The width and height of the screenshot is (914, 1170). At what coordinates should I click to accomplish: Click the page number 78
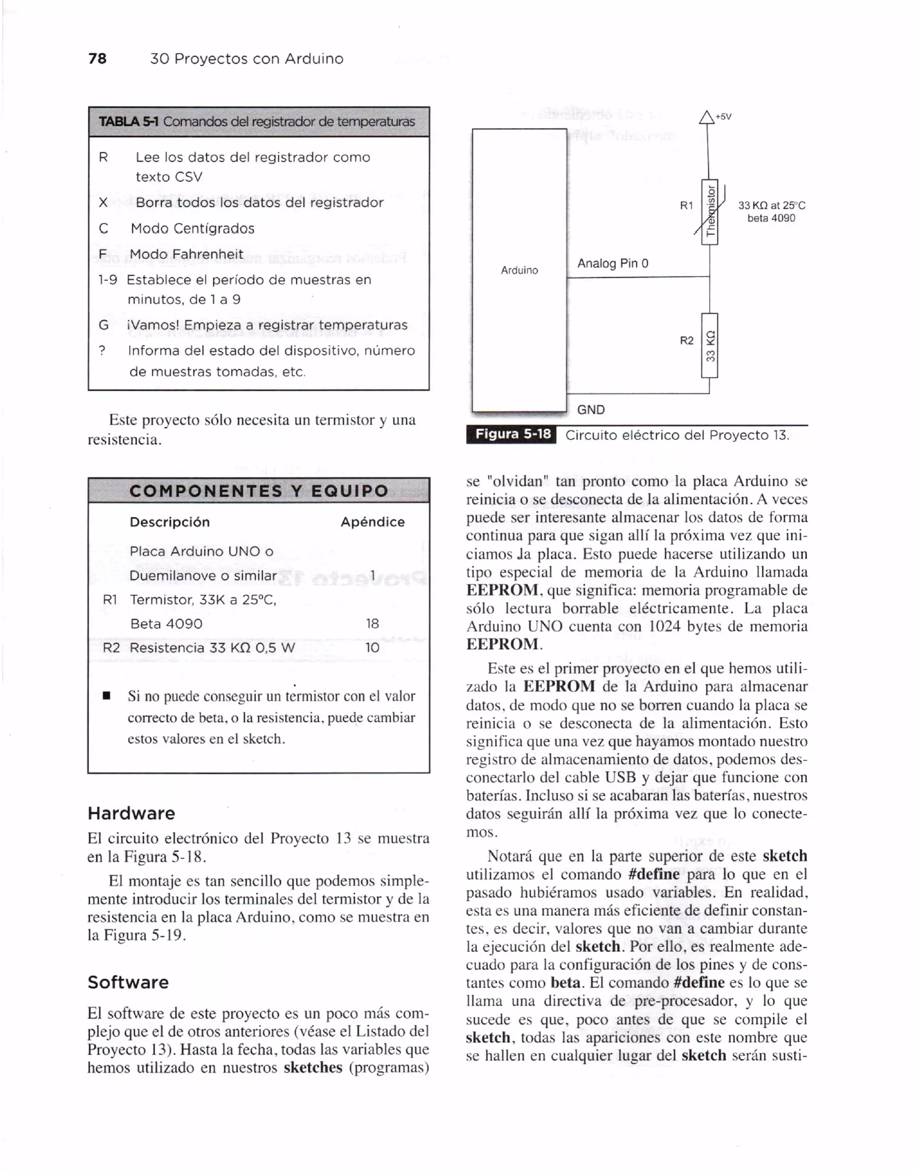pyautogui.click(x=97, y=58)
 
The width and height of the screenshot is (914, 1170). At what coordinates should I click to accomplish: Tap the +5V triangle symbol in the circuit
pyautogui.click(x=707, y=117)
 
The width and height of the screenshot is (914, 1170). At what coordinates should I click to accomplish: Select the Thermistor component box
pyautogui.click(x=710, y=212)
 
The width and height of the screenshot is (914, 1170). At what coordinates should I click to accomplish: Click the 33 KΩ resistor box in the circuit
pyautogui.click(x=710, y=346)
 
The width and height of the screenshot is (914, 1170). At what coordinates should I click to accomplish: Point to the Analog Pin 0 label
pyautogui.click(x=613, y=263)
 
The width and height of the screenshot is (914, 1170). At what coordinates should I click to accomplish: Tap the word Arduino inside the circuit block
pyautogui.click(x=519, y=270)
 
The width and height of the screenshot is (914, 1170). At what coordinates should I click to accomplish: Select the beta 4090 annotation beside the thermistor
pyautogui.click(x=771, y=218)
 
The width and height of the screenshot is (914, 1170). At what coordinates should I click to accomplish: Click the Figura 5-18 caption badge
pyautogui.click(x=512, y=434)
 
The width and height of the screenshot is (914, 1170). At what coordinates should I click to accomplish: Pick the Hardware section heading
pyautogui.click(x=131, y=813)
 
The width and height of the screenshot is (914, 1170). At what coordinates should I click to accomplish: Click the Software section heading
pyautogui.click(x=128, y=982)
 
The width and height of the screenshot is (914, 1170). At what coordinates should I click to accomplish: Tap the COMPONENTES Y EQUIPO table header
pyautogui.click(x=258, y=491)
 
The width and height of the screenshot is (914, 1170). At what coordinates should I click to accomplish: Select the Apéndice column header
pyautogui.click(x=373, y=522)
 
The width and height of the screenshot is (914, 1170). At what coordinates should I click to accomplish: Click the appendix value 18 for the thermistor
pyautogui.click(x=372, y=624)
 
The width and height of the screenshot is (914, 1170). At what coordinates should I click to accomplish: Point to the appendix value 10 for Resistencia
pyautogui.click(x=372, y=648)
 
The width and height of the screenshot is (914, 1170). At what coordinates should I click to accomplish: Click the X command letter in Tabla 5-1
pyautogui.click(x=104, y=203)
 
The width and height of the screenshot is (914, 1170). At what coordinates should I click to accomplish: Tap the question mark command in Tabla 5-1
pyautogui.click(x=102, y=351)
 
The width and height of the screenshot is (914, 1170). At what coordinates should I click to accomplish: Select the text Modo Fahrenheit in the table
pyautogui.click(x=187, y=254)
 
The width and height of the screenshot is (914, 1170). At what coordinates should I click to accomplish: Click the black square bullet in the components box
pyautogui.click(x=106, y=696)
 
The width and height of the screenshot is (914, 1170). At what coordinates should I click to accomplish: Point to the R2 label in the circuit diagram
pyautogui.click(x=686, y=341)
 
